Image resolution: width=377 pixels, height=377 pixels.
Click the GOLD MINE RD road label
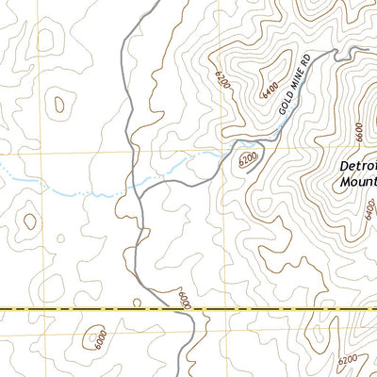(293, 87)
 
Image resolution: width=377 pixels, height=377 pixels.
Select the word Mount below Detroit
(356, 186)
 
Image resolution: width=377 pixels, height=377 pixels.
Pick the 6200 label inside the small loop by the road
(249, 161)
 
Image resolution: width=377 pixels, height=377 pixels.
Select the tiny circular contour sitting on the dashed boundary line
(138, 303)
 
